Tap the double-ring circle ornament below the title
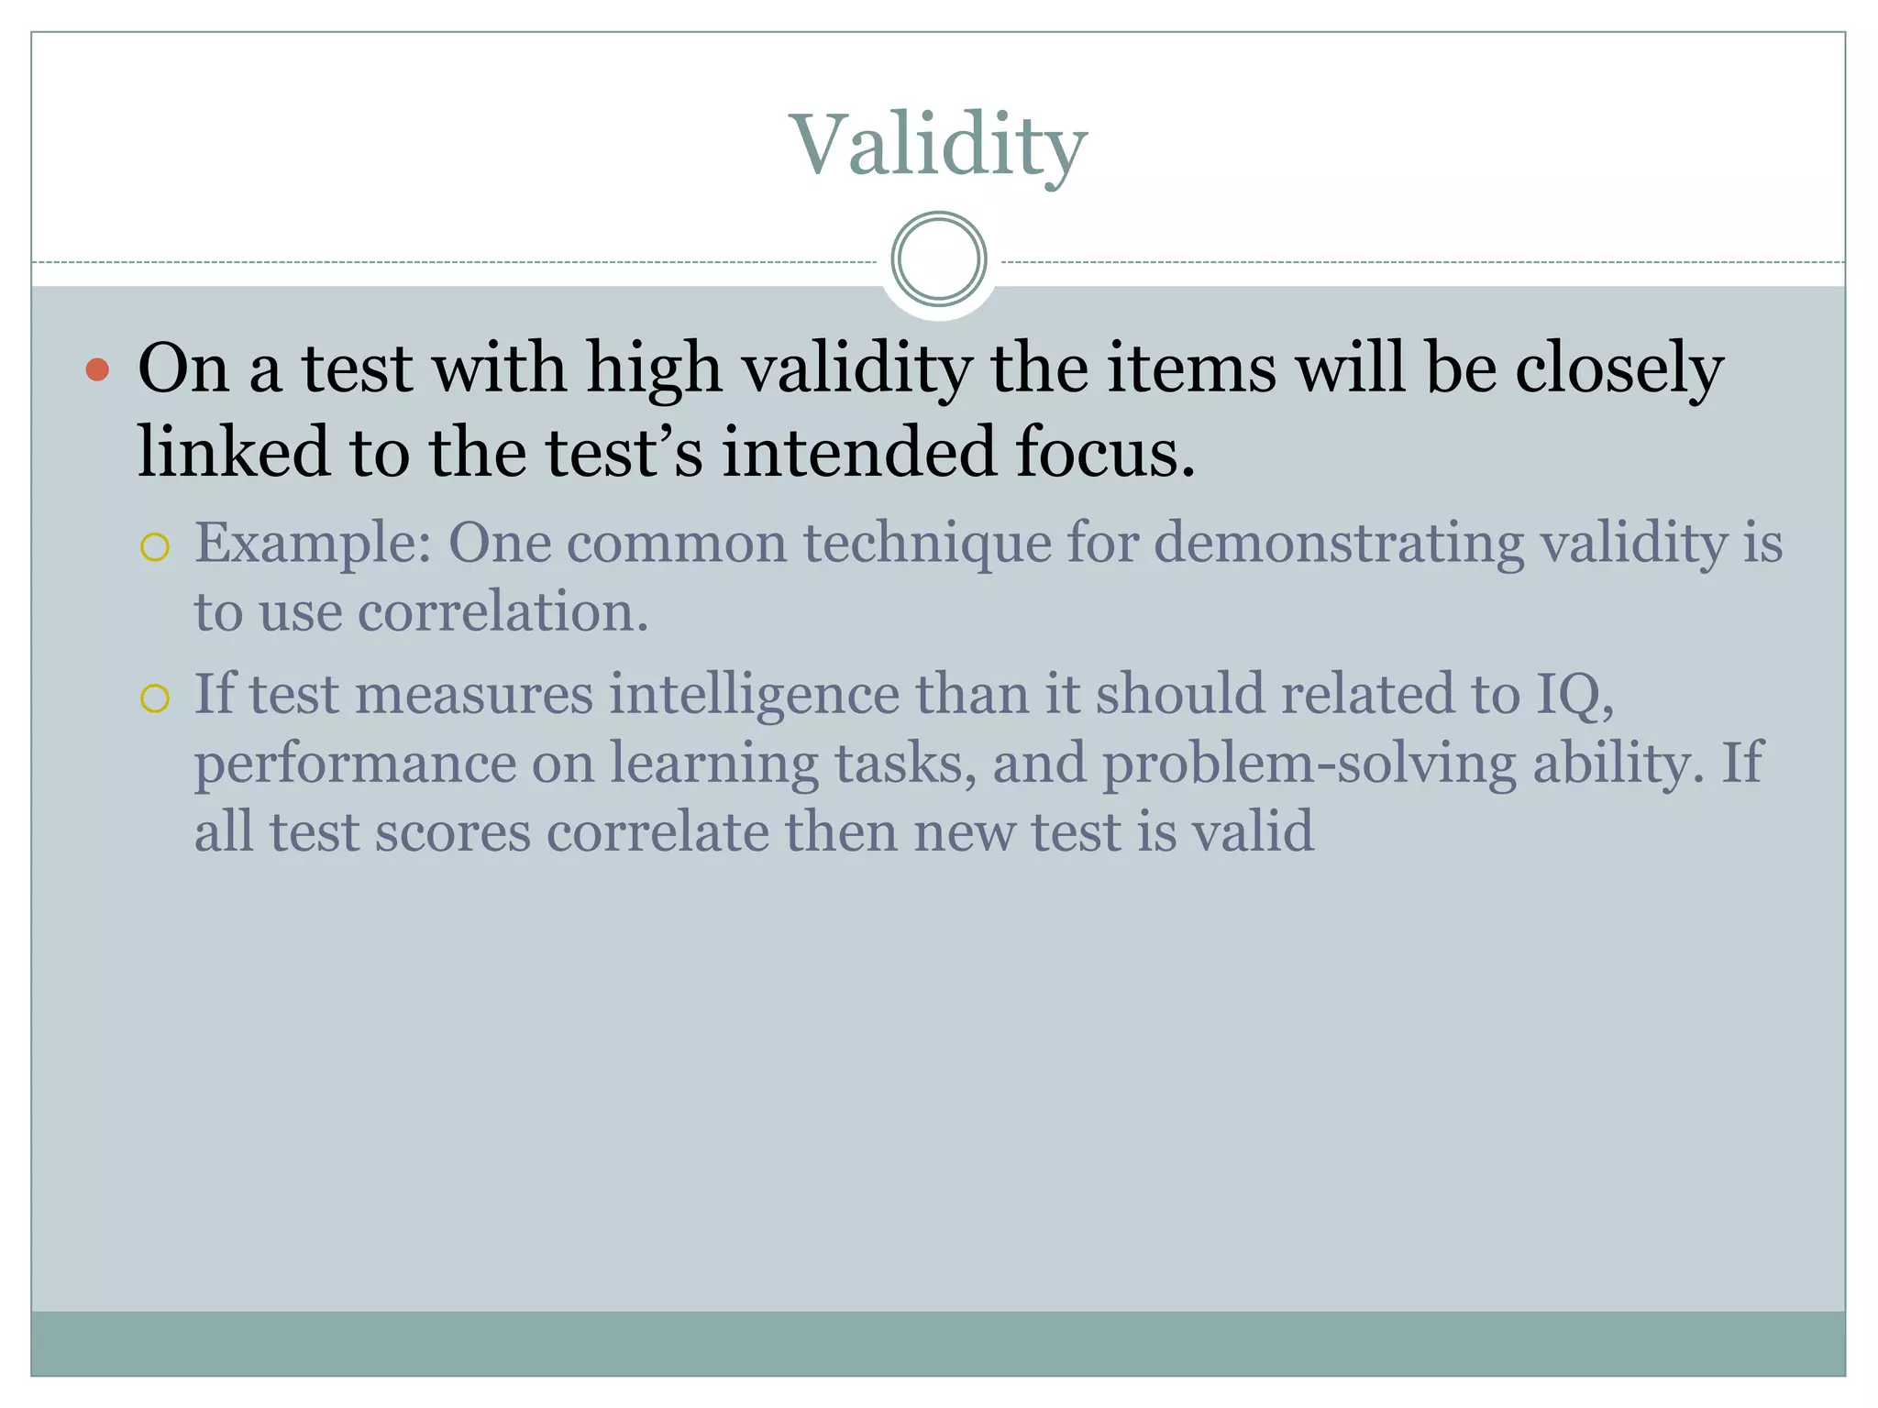click(938, 258)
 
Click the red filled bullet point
click(97, 370)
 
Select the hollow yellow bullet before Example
click(155, 547)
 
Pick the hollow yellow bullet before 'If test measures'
click(155, 698)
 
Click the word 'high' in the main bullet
click(654, 368)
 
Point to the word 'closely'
click(1618, 368)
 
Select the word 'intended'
click(858, 452)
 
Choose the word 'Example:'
click(314, 544)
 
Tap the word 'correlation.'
click(503, 612)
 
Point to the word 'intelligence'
click(754, 694)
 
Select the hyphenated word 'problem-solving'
click(1309, 764)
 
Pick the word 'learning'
click(713, 764)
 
